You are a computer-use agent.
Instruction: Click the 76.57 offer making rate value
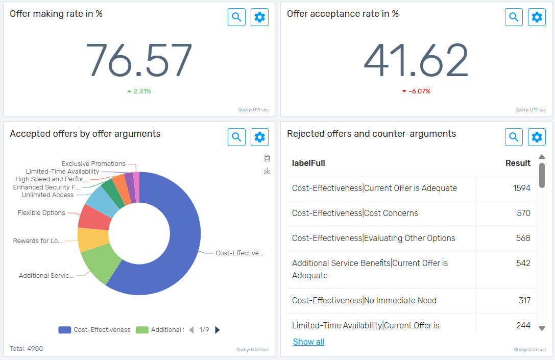[138, 60]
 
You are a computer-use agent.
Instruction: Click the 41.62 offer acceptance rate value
[416, 60]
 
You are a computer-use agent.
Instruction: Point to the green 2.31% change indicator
[139, 91]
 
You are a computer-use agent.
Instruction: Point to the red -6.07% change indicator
[416, 91]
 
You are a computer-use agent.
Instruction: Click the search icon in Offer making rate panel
[236, 17]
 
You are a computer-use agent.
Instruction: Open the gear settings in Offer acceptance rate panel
[537, 17]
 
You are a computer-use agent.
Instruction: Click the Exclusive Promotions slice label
[93, 164]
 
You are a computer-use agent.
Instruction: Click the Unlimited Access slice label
[47, 195]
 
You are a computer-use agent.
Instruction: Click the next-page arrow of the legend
[218, 330]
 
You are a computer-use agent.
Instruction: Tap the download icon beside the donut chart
[267, 171]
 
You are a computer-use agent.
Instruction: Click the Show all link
[308, 342]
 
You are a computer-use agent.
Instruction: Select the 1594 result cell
[521, 188]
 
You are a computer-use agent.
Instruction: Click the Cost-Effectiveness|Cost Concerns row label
[355, 213]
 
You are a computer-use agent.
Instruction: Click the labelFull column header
[308, 163]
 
